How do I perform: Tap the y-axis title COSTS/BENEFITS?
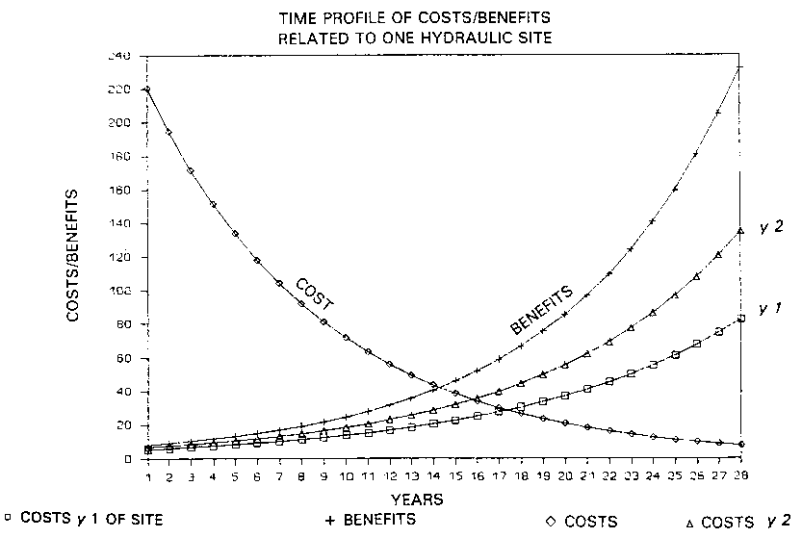(x=74, y=256)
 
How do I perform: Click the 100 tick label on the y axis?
(x=120, y=291)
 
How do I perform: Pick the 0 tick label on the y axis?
(x=128, y=459)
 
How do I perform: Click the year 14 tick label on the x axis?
(x=434, y=476)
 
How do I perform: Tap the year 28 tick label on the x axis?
(x=738, y=476)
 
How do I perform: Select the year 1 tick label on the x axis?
(x=148, y=476)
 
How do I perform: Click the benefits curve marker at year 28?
(x=739, y=66)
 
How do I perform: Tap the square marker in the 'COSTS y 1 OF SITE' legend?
(x=8, y=521)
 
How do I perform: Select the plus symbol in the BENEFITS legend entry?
(x=329, y=521)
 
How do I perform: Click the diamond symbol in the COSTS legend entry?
(x=550, y=521)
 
